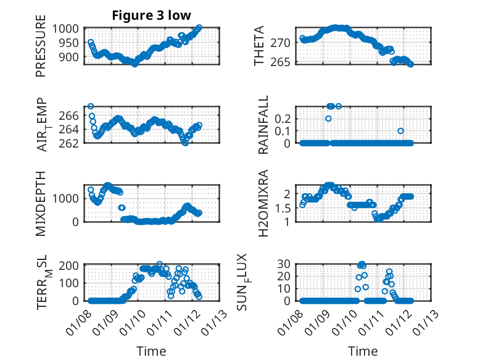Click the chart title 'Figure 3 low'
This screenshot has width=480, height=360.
[x=151, y=15]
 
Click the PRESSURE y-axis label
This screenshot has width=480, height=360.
[x=41, y=49]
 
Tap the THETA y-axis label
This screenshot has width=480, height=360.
[x=259, y=46]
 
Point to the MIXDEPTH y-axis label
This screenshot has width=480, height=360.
[x=41, y=203]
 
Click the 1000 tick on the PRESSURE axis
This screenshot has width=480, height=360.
[x=65, y=28]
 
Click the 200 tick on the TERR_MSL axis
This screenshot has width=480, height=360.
[x=70, y=266]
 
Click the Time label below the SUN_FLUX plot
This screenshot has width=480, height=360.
[x=363, y=351]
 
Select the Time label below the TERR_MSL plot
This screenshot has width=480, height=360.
[x=151, y=351]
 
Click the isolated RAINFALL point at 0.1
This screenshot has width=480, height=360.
[x=400, y=131]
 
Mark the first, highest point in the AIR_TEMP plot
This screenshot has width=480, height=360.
[x=91, y=107]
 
